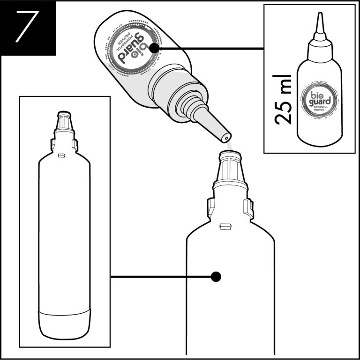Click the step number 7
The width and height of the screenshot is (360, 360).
click(x=27, y=27)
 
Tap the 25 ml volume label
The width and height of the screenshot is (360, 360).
click(x=283, y=98)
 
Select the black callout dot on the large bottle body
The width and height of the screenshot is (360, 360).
click(x=216, y=277)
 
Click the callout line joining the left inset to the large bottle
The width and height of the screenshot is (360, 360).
click(x=159, y=277)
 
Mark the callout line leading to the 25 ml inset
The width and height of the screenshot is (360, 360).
click(x=211, y=47)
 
